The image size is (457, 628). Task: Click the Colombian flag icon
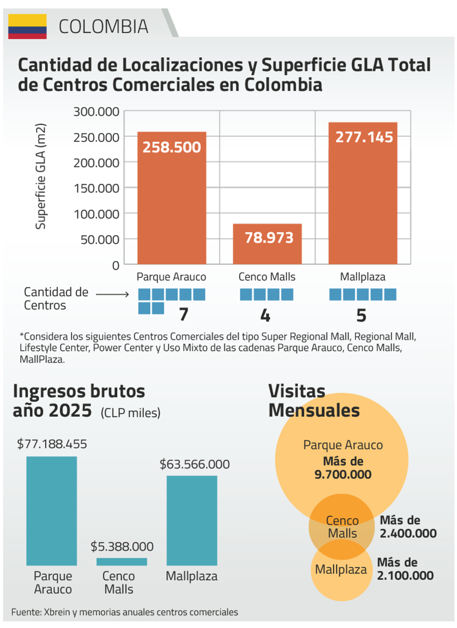pos(27,27)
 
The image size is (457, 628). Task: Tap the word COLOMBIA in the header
pos(103,27)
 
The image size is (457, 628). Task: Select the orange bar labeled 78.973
pos(267,244)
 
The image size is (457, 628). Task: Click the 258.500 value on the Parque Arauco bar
pos(172,147)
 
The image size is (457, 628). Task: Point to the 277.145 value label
pos(364,137)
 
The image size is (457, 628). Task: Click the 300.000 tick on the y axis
pos(96,112)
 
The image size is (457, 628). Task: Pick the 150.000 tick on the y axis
pos(96,189)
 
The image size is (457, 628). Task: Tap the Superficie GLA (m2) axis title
pos(41,176)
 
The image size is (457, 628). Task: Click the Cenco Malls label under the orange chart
pos(267,277)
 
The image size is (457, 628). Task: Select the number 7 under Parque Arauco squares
pos(184,314)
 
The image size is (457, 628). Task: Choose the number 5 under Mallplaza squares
pos(361,316)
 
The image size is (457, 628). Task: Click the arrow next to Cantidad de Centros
pos(113,295)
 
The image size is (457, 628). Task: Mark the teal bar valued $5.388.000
pos(122,562)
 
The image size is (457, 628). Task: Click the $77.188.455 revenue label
pos(52,444)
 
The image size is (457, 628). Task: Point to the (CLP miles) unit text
pos(130,413)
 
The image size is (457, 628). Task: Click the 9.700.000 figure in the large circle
pos(343,474)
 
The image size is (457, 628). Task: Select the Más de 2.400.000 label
pos(408,527)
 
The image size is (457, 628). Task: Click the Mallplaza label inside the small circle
pos(341,570)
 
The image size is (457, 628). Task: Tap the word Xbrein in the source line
pos(57,612)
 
